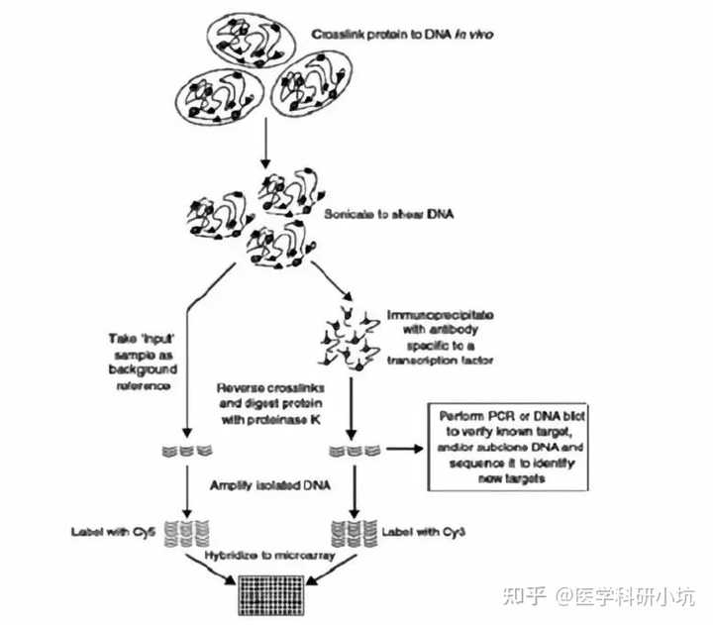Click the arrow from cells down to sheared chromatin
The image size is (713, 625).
263,145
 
